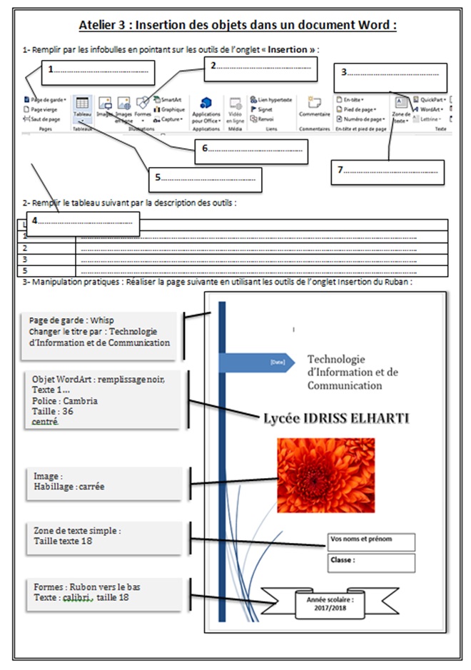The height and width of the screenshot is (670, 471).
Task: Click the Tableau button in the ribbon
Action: pos(82,107)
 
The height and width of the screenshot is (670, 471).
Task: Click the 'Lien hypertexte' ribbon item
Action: pos(270,101)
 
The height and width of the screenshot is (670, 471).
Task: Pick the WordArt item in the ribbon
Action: pos(427,110)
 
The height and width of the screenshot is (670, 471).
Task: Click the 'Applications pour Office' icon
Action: pos(207,110)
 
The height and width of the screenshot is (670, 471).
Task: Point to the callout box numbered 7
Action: pos(388,172)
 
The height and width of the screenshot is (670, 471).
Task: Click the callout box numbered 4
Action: pos(82,223)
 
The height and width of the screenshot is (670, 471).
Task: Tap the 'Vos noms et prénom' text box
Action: pos(371,541)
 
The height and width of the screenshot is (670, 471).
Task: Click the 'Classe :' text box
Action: pos(371,562)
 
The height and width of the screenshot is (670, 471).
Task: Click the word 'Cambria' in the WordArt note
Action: pos(81,401)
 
